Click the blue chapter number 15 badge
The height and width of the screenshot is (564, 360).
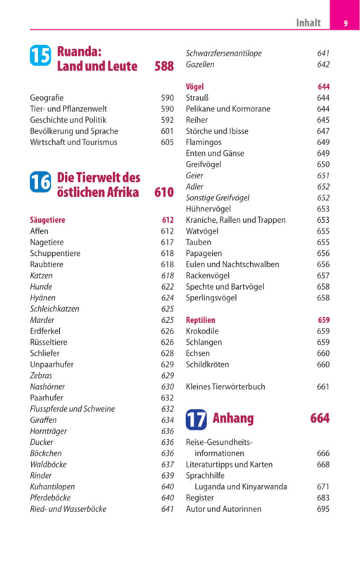tap(40, 56)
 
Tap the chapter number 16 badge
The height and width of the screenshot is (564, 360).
tap(40, 182)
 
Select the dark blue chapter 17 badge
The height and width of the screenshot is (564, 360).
tap(196, 419)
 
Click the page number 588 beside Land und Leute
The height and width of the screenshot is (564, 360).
tap(164, 66)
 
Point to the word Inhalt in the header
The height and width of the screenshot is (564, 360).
tap(309, 23)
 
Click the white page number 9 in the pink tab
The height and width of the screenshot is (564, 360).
tap(346, 23)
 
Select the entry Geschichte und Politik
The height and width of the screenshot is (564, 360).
tap(68, 120)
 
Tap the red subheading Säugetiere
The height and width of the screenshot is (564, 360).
tap(47, 220)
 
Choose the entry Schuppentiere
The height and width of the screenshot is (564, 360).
tap(55, 253)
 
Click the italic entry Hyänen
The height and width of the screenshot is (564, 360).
tap(43, 298)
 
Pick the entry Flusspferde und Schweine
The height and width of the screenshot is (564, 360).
tap(73, 409)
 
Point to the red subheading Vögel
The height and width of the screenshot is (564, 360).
tap(194, 87)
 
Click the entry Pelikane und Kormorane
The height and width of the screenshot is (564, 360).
tap(228, 109)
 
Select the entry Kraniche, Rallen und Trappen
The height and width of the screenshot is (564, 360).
tap(236, 220)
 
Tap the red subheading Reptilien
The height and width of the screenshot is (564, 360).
tap(201, 320)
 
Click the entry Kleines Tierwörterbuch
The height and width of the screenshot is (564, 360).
tap(225, 386)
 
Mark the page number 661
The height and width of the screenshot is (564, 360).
tap(323, 386)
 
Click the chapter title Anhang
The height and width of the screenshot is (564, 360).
tap(233, 418)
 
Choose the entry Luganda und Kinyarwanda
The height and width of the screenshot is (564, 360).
tap(241, 486)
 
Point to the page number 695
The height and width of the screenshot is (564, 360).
tap(323, 509)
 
